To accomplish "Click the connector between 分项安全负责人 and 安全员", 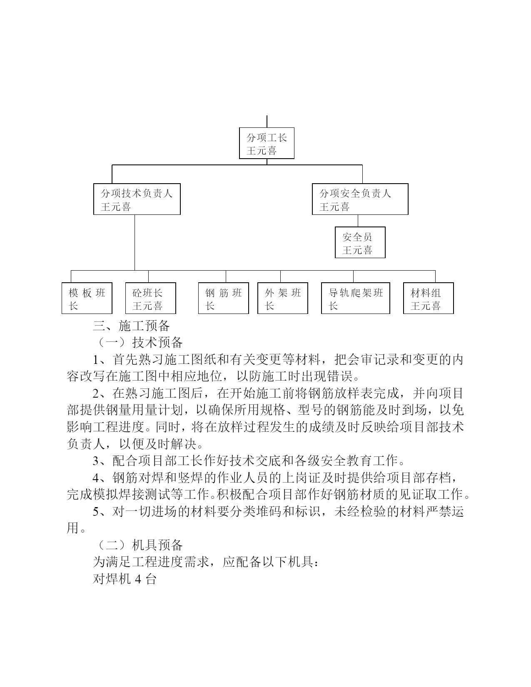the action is pos(358,221).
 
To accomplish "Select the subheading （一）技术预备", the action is pos(139,342).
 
